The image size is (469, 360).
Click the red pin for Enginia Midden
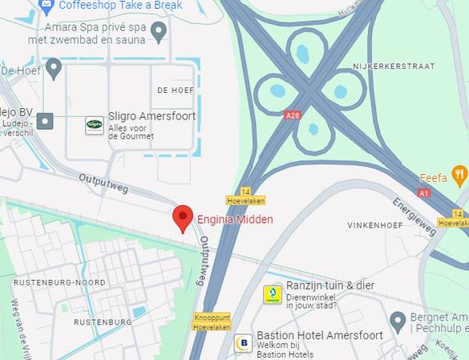pyautogui.click(x=184, y=217)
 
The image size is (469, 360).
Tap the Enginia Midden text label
pyautogui.click(x=235, y=220)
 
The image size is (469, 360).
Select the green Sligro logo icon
pyautogui.click(x=95, y=125)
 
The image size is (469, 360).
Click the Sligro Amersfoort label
pyautogui.click(x=152, y=117)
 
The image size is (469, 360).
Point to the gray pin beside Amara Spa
pyautogui.click(x=159, y=31)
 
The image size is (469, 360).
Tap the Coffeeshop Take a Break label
pyautogui.click(x=120, y=6)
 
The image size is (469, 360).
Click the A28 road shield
pyautogui.click(x=293, y=115)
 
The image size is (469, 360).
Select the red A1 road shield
pyautogui.click(x=424, y=193)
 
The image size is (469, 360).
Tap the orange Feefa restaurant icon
pyautogui.click(x=459, y=174)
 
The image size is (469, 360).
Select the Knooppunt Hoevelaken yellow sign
pyautogui.click(x=212, y=322)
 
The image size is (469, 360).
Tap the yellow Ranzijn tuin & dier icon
pyautogui.click(x=273, y=294)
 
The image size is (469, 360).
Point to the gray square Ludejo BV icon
pyautogui.click(x=46, y=121)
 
